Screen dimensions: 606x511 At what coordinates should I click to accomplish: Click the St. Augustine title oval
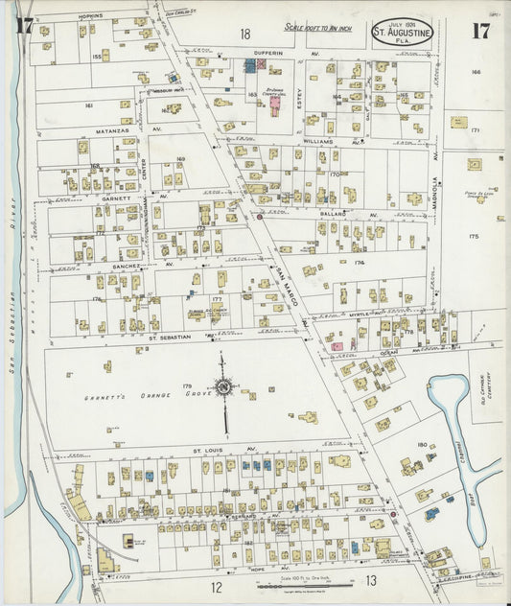tap(403, 31)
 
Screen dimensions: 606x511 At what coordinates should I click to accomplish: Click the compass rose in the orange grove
tap(223, 386)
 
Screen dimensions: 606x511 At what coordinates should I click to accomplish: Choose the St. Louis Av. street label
tap(211, 449)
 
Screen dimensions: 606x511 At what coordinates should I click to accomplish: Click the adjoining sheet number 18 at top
tap(245, 34)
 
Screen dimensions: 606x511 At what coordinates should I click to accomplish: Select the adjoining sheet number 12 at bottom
tap(217, 587)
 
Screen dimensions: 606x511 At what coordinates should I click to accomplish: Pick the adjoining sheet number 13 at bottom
tap(371, 581)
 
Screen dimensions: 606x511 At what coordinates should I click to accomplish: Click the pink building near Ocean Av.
tap(337, 345)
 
